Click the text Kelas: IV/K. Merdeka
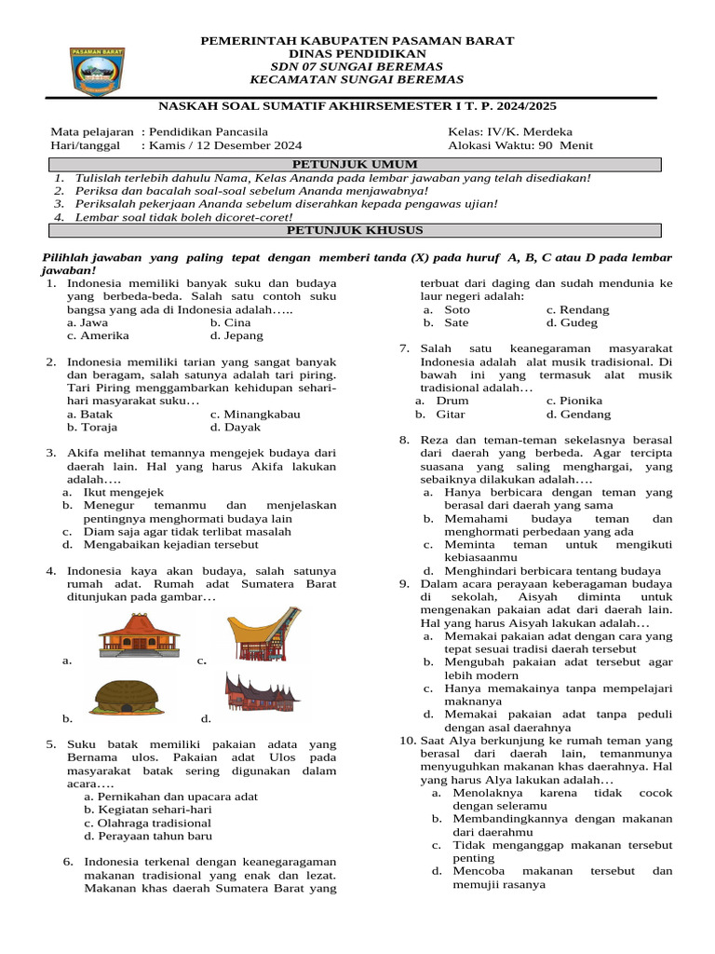coord(509,131)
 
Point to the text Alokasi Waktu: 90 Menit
coord(519,145)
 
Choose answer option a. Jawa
coord(88,321)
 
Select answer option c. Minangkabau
coord(255,414)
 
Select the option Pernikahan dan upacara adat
coord(170,797)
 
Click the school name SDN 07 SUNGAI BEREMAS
coord(357,67)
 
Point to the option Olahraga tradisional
coord(147,823)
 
